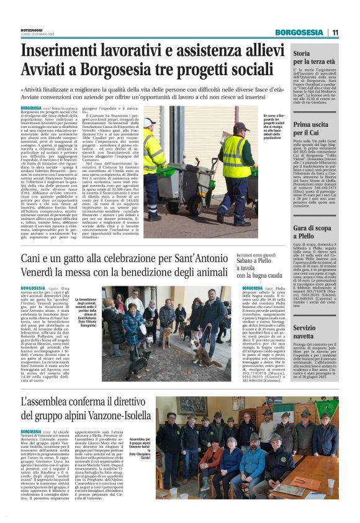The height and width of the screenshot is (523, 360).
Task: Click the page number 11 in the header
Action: (x=335, y=32)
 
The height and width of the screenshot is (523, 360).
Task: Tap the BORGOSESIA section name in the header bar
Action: (x=299, y=32)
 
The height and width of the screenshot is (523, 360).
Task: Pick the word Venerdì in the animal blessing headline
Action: (x=42, y=271)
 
